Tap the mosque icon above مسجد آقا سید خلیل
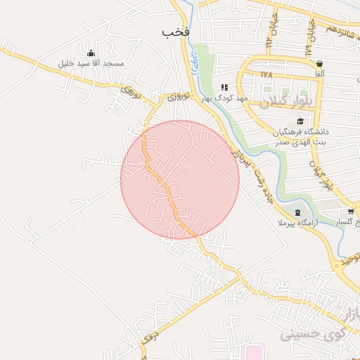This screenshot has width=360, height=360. click(91, 53)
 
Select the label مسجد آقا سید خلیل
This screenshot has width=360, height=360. click(91, 64)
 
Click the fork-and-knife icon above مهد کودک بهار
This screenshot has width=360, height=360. click(224, 87)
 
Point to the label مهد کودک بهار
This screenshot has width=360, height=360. click(224, 98)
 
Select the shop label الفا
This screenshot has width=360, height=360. click(320, 74)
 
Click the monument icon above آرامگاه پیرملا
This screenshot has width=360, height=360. click(297, 212)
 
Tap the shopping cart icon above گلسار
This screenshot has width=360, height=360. click(351, 211)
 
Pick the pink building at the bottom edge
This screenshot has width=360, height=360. click(252, 352)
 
